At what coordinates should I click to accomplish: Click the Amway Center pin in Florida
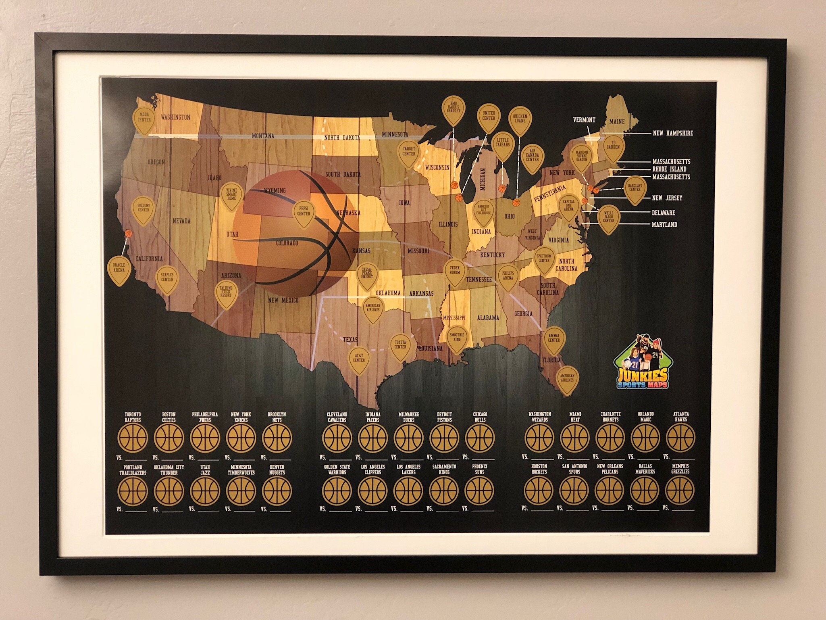point(554,339)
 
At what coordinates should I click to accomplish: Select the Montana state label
point(263,136)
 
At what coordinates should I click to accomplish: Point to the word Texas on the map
point(350,340)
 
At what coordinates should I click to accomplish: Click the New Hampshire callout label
point(673,133)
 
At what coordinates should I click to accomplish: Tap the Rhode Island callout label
point(669,169)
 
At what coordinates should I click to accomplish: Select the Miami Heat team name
point(575,417)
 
